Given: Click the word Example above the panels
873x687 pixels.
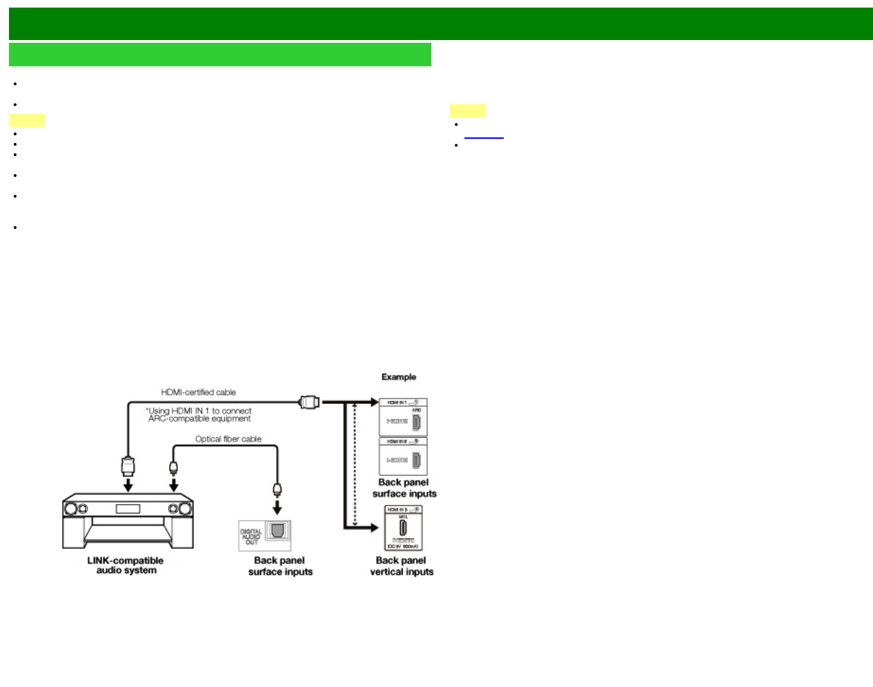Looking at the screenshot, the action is click(399, 377).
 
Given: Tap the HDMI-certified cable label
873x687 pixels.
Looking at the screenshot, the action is click(198, 392).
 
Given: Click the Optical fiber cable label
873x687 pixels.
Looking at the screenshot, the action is click(228, 439).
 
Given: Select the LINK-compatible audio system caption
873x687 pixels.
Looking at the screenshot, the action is click(126, 565).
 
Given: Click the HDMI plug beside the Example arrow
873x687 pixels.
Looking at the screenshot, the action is click(309, 401).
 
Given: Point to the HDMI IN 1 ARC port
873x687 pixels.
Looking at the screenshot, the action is click(416, 422).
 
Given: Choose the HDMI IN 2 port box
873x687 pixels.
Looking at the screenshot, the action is click(404, 456).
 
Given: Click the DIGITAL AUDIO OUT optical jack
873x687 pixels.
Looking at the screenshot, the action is click(277, 532).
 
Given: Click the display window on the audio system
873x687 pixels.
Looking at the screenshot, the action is click(128, 510).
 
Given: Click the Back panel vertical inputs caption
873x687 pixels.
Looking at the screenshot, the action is click(402, 566).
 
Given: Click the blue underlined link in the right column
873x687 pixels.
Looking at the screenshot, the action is click(484, 135).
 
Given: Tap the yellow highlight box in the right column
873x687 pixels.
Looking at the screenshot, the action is click(467, 110).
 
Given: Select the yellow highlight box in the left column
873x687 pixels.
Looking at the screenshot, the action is click(27, 121).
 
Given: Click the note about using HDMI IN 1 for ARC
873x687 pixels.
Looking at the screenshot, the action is click(199, 415).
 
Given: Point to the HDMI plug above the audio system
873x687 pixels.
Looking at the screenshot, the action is click(128, 465).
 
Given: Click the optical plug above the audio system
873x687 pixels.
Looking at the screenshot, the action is click(174, 467).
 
